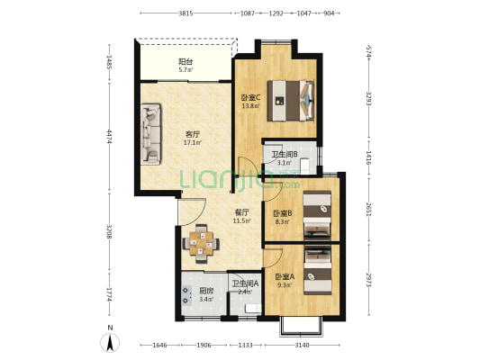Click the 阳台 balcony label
[186, 62]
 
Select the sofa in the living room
[150, 134]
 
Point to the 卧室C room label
[250, 98]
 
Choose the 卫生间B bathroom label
[285, 155]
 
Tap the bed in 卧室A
[316, 270]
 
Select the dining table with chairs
[200, 241]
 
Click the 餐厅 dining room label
[241, 212]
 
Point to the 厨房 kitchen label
[206, 291]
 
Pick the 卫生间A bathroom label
[245, 284]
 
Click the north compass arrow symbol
[110, 342]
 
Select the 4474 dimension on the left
[108, 137]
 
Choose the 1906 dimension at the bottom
[204, 346]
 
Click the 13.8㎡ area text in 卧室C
[250, 106]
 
